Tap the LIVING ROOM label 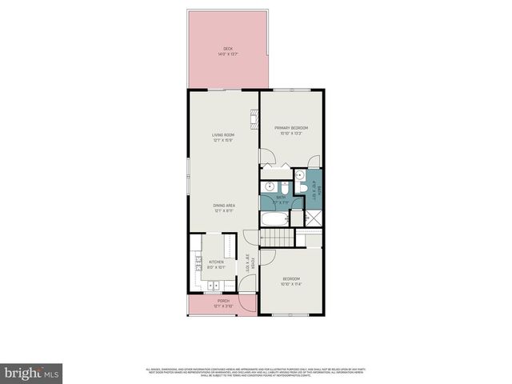click(222, 135)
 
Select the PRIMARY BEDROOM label click(291, 128)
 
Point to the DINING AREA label click(223, 206)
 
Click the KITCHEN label click(217, 262)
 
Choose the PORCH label click(222, 301)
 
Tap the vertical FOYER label click(252, 262)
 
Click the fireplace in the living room click(254, 118)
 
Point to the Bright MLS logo click(32, 373)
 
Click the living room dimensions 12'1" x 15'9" click(222, 141)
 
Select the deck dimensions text click(226, 55)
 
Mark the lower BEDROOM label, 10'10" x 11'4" click(291, 282)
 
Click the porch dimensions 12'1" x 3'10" click(222, 306)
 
